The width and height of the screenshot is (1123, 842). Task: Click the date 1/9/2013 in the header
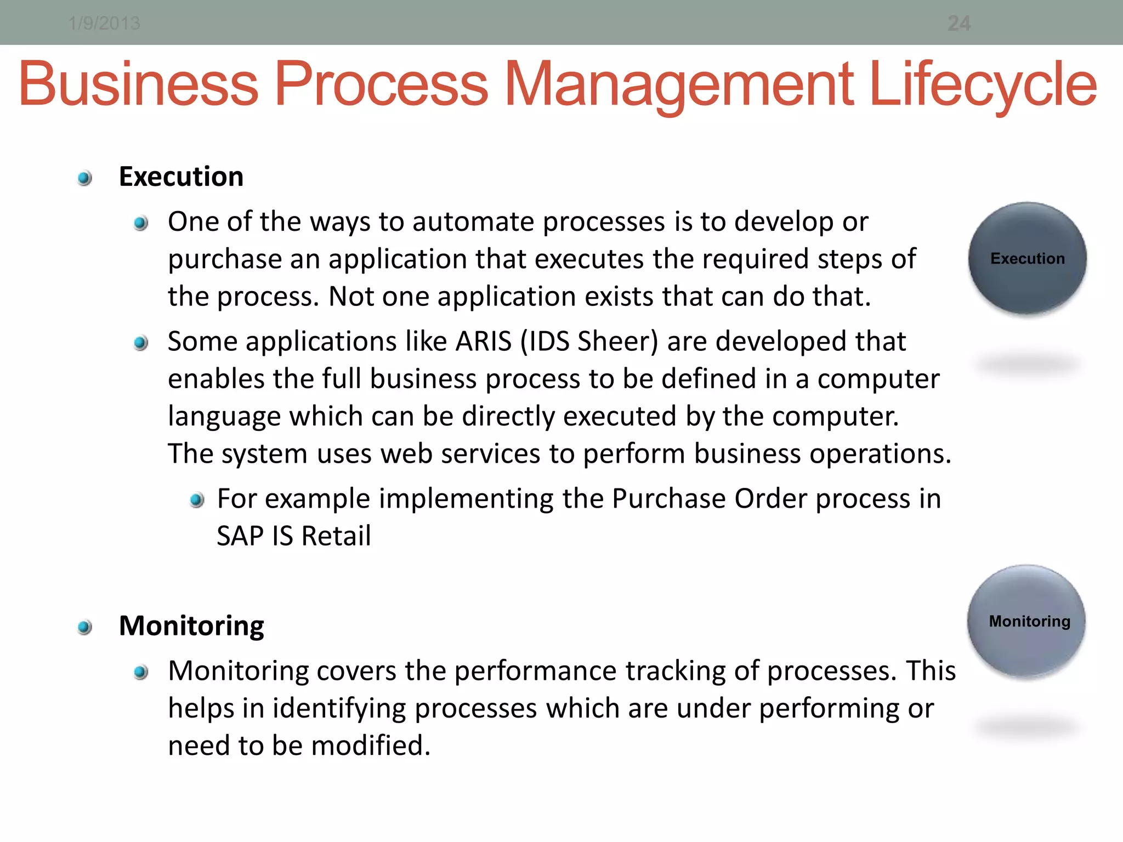pyautogui.click(x=104, y=24)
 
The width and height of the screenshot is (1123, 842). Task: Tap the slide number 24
pyautogui.click(x=958, y=24)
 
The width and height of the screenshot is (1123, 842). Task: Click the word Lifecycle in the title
pyautogui.click(x=983, y=85)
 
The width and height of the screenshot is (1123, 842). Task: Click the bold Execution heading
pyautogui.click(x=181, y=177)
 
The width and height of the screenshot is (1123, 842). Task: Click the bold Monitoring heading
pyautogui.click(x=191, y=626)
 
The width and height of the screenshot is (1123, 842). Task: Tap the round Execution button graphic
pyautogui.click(x=1027, y=258)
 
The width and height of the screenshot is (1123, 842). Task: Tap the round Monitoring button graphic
pyautogui.click(x=1027, y=621)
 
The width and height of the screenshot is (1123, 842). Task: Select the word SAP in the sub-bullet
pyautogui.click(x=240, y=536)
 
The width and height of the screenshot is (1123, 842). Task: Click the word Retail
pyautogui.click(x=336, y=536)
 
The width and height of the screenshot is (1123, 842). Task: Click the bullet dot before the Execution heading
pyautogui.click(x=84, y=178)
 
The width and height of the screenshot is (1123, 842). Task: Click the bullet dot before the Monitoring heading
pyautogui.click(x=84, y=627)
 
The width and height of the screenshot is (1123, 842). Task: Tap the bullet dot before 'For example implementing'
pyautogui.click(x=197, y=500)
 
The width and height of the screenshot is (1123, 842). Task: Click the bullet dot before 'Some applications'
pyautogui.click(x=141, y=343)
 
